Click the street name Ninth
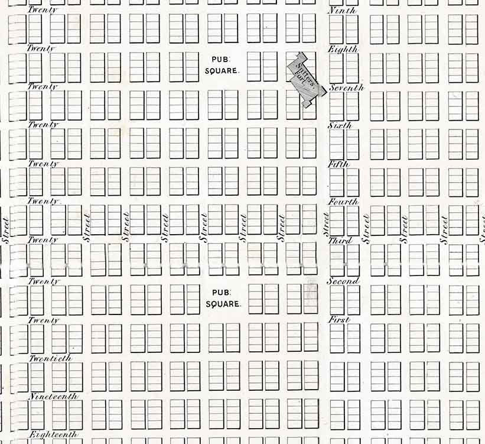[341, 11]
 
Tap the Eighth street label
[343, 50]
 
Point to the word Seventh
[346, 88]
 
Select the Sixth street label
[340, 125]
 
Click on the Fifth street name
[338, 164]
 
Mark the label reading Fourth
[343, 202]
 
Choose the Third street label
[340, 241]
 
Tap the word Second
[343, 281]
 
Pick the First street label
[339, 320]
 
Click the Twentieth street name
[50, 358]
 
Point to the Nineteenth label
[53, 396]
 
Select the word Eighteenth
[53, 435]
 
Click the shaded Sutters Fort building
[307, 80]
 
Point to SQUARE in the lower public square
[224, 303]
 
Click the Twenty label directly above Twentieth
[44, 320]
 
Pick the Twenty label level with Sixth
[44, 125]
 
